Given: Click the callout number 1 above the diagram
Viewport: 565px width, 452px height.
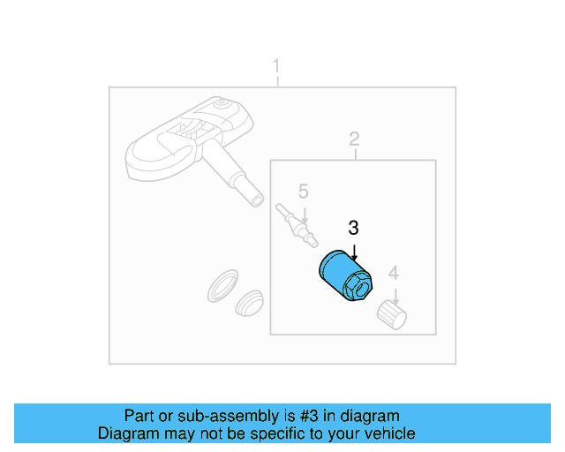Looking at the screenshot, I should (x=276, y=66).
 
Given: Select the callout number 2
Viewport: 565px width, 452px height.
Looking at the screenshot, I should (x=354, y=139).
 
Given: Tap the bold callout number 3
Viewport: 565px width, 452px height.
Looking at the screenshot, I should (x=353, y=228).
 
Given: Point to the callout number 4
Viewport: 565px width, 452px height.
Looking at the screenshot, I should (x=394, y=273).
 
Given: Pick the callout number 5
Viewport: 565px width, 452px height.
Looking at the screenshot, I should (x=303, y=192).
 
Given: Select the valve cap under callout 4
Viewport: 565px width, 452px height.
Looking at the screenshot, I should (x=391, y=314).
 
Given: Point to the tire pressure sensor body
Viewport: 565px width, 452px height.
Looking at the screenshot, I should (x=168, y=146).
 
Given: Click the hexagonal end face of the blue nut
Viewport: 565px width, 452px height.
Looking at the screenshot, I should (x=358, y=287).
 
